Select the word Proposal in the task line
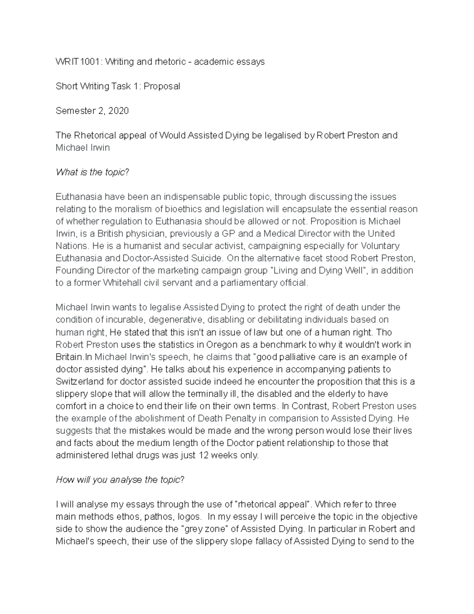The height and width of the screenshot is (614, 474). coord(162,86)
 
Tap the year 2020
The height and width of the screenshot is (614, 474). coord(118,111)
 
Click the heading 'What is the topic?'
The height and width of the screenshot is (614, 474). coord(92,172)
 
